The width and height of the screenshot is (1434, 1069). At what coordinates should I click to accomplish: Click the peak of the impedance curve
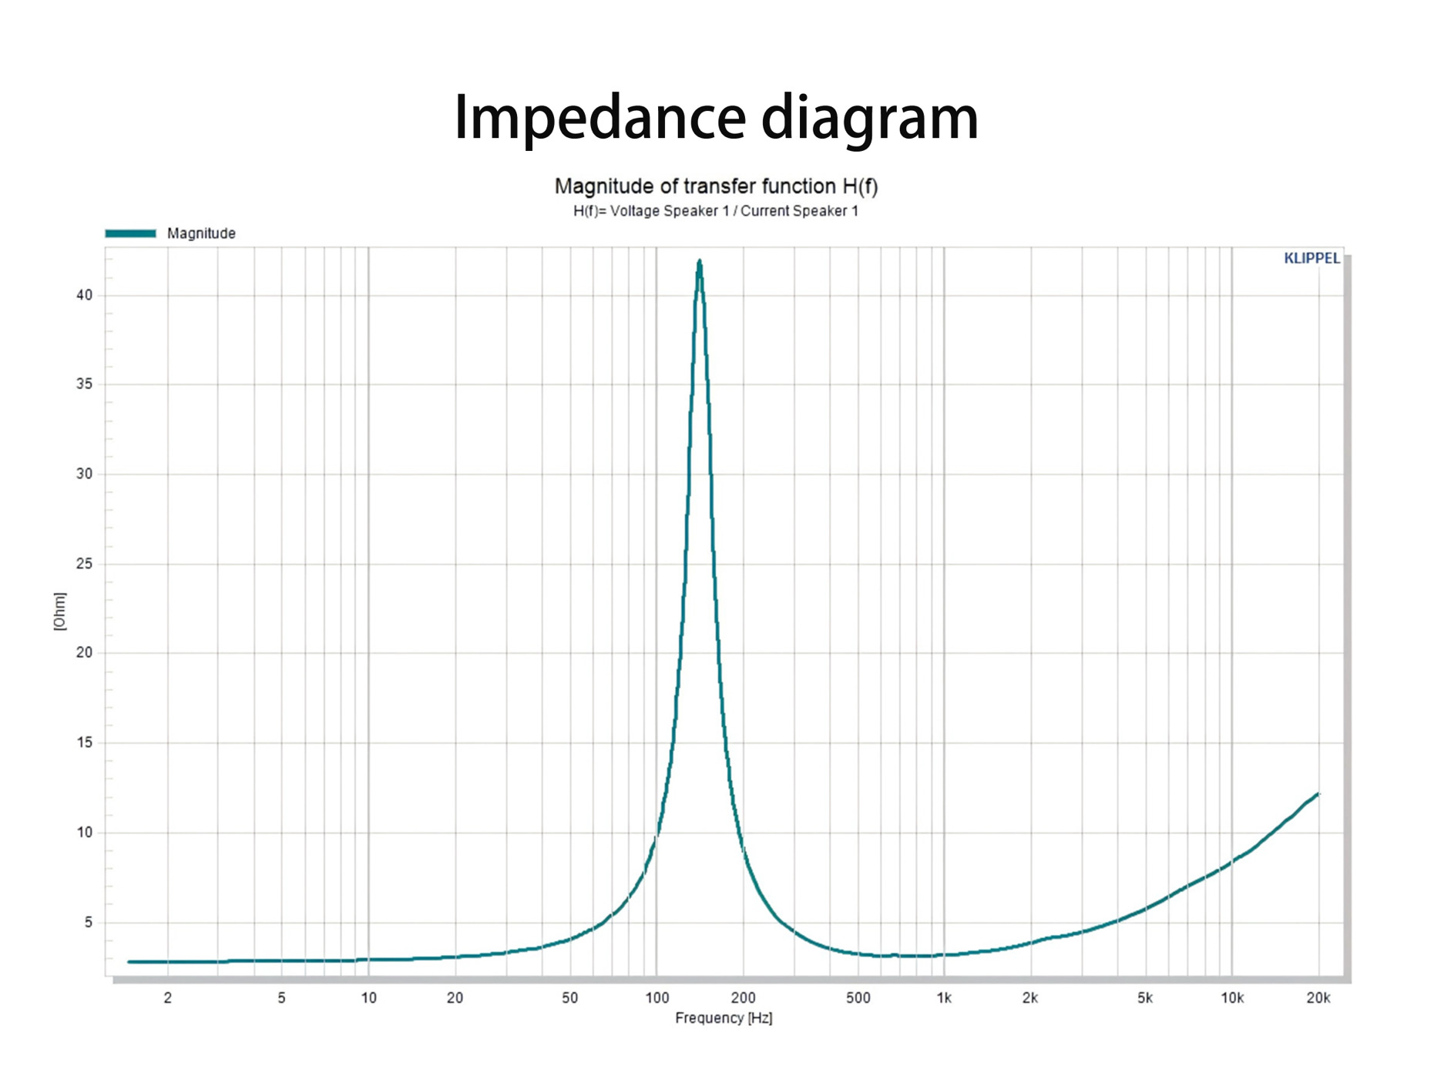point(699,263)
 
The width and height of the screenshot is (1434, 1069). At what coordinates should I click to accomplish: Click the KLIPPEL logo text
point(1311,259)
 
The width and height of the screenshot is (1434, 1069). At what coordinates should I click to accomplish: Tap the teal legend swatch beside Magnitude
point(130,233)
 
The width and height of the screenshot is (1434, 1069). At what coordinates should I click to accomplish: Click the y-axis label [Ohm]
point(60,612)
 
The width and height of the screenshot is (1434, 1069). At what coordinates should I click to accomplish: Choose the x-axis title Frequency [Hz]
point(724,1018)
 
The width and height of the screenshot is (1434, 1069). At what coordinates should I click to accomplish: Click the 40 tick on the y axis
point(84,295)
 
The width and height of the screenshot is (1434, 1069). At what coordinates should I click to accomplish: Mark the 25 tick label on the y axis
point(84,564)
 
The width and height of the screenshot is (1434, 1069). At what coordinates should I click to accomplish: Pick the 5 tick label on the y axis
point(88,922)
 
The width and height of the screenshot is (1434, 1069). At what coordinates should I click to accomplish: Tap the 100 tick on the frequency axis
point(657,998)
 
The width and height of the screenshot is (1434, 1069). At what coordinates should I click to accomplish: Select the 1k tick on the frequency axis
point(944,998)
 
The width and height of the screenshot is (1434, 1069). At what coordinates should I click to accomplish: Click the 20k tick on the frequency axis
point(1318,998)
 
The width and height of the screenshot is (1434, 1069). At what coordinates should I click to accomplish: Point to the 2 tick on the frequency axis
point(168,998)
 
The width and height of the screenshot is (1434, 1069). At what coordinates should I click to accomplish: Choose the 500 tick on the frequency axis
point(858,998)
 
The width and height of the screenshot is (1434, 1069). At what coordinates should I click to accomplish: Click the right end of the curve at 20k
point(1318,794)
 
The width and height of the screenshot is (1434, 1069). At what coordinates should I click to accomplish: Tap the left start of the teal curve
point(129,962)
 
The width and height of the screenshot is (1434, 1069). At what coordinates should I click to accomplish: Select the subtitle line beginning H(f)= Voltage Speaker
point(715,211)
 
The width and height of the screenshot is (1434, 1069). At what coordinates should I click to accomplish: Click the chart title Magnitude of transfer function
point(716,186)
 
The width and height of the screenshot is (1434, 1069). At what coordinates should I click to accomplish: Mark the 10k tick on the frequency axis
point(1231,998)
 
